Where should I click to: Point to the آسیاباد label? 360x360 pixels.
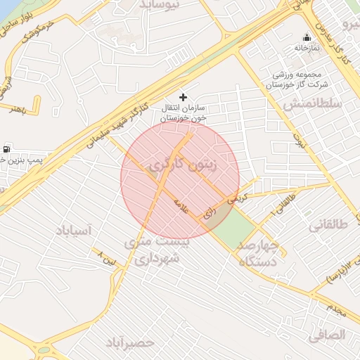[x=73, y=230]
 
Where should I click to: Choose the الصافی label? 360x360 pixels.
[x=326, y=335]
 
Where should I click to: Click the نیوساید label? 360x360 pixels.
[x=160, y=4]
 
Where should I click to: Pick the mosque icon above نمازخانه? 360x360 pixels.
[x=306, y=37]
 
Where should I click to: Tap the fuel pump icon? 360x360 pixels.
[x=7, y=149]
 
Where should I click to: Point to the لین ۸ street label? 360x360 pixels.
[x=112, y=256]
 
